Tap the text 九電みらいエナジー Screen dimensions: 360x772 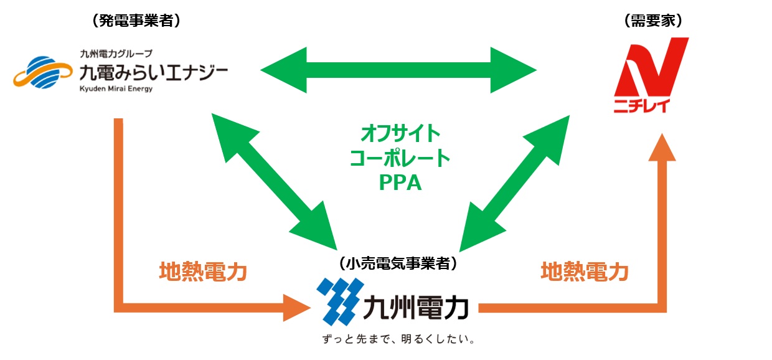pyautogui.click(x=153, y=72)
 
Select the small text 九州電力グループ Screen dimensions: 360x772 pyautogui.click(x=116, y=54)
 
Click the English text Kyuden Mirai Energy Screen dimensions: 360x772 pyautogui.click(x=116, y=89)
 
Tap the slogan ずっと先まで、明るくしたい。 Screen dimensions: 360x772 pyautogui.click(x=398, y=340)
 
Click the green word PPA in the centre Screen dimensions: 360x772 pyautogui.click(x=399, y=183)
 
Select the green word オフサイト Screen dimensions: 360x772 pyautogui.click(x=399, y=133)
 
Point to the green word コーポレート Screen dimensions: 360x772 pyautogui.click(x=399, y=158)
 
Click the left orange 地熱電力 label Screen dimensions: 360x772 pyautogui.click(x=203, y=272)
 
